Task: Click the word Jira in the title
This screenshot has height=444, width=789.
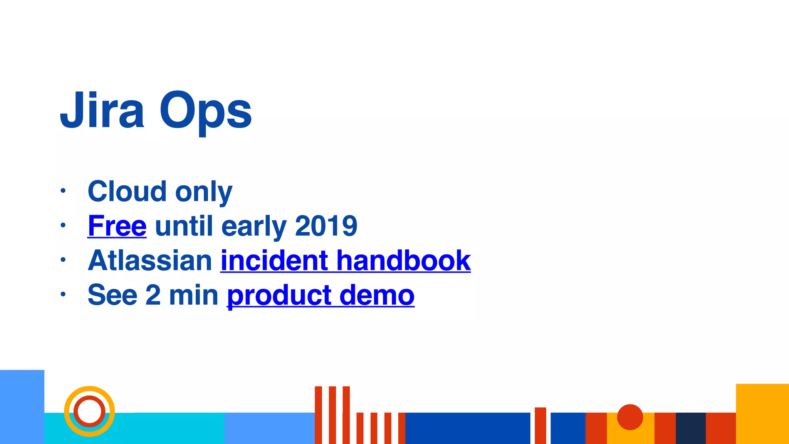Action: click(102, 111)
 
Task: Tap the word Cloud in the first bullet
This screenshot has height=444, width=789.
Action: click(127, 192)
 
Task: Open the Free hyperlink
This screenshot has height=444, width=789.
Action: click(117, 226)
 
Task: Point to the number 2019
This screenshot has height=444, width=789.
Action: click(326, 226)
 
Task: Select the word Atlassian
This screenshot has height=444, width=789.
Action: click(150, 261)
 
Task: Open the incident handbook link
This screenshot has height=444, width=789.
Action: click(345, 261)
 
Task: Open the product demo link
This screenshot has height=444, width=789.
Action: click(321, 296)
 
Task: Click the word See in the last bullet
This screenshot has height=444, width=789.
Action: click(112, 295)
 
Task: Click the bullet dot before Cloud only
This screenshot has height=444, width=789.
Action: click(63, 190)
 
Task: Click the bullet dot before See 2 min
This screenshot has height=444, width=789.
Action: click(63, 294)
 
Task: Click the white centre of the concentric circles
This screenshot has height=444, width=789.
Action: click(89, 411)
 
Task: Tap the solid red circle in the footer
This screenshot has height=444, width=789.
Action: click(630, 417)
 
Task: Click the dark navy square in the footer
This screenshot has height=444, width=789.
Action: click(690, 428)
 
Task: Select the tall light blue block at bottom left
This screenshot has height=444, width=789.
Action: click(22, 407)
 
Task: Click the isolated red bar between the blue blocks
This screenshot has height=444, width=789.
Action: click(540, 425)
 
